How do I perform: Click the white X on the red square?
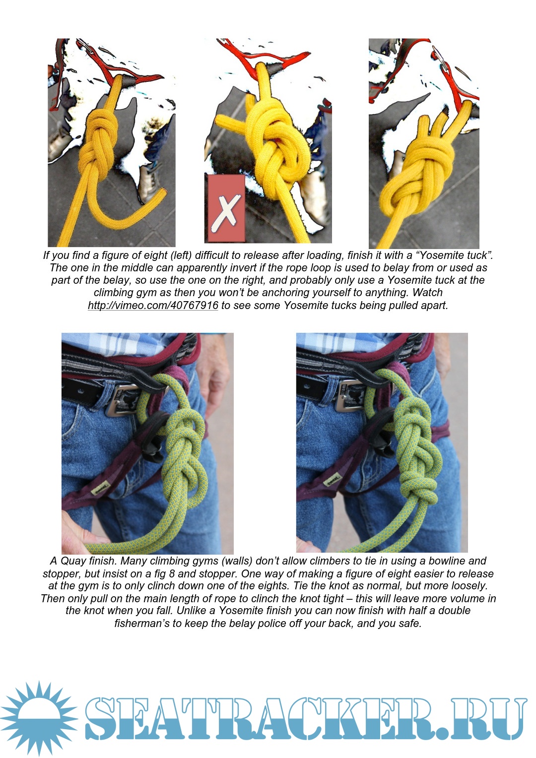(x=226, y=213)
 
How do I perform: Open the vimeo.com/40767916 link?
(x=153, y=305)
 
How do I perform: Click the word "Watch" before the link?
(x=427, y=292)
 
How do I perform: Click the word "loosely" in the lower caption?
(x=468, y=586)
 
